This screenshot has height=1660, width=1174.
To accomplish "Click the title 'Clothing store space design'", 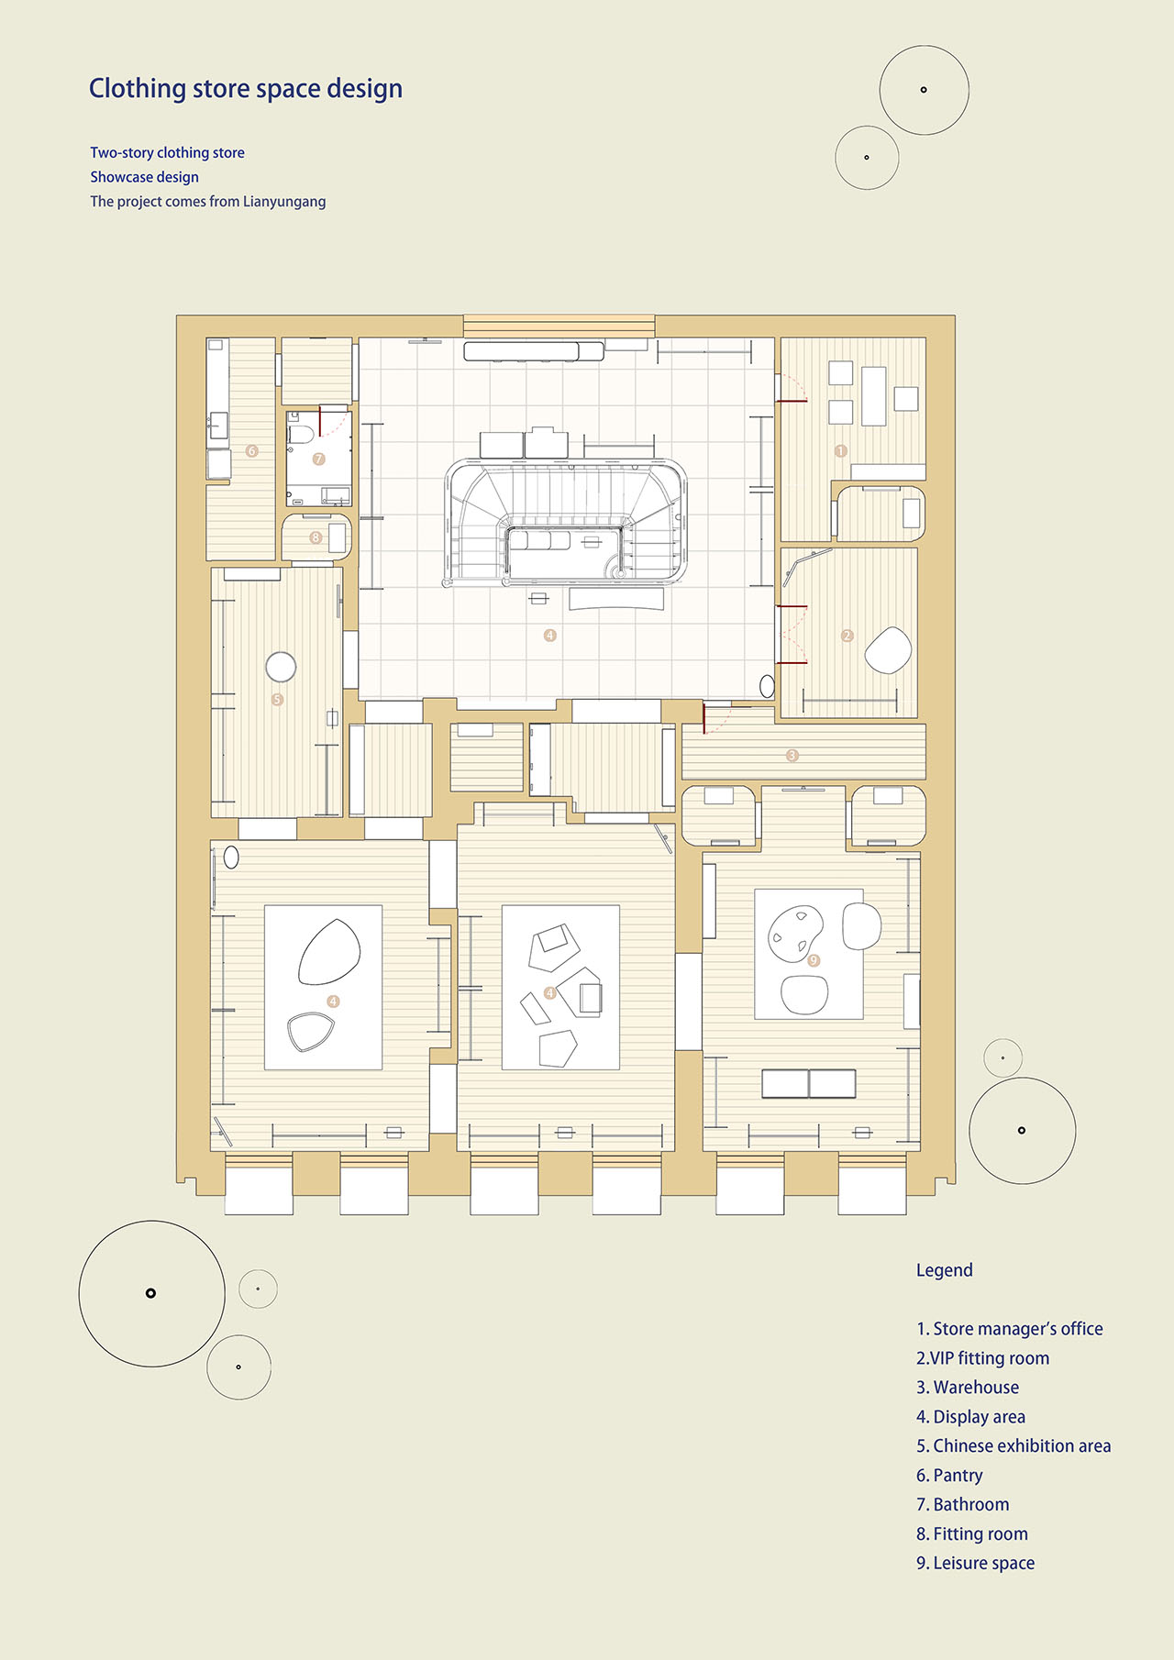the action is (x=246, y=89).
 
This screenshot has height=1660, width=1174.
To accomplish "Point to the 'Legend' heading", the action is (x=945, y=1270).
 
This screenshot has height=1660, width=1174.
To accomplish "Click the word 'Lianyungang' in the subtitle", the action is (x=284, y=202).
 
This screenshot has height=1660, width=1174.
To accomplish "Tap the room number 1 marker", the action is (x=841, y=451).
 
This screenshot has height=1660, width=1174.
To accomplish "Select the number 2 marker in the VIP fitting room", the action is (x=847, y=636).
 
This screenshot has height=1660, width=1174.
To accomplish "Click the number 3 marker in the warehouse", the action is (x=792, y=756).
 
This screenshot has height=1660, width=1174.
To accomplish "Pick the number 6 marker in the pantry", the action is (x=252, y=451).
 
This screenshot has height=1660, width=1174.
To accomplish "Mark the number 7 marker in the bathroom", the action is (x=319, y=459).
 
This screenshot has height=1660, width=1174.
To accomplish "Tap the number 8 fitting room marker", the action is (x=316, y=537).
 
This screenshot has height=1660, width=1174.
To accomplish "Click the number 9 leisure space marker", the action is (x=814, y=960).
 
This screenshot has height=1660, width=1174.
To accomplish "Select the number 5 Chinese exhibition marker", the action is (x=277, y=700).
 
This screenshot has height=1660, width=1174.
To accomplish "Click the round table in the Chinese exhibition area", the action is (x=281, y=667).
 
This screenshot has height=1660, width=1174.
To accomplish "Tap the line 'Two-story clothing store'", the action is (x=167, y=153).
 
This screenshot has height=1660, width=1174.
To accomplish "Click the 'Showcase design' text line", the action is (x=144, y=177).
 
